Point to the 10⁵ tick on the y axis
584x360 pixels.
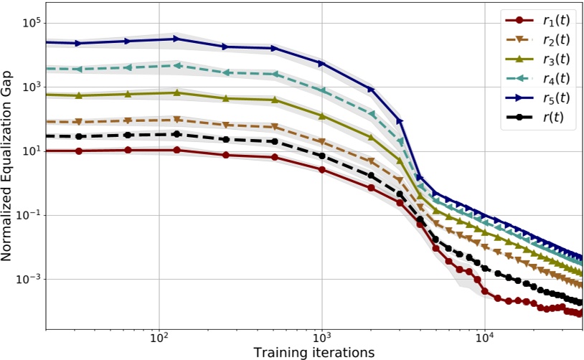[32, 23]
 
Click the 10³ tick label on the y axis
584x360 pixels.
[32, 87]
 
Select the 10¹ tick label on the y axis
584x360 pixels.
[32, 151]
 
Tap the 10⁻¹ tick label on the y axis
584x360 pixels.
[30, 215]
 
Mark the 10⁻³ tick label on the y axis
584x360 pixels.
[30, 279]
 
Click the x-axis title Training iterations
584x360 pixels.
[314, 352]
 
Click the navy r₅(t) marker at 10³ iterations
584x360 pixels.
[322, 64]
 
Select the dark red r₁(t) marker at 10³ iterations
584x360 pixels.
[322, 170]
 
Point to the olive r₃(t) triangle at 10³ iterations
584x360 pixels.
[322, 116]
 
